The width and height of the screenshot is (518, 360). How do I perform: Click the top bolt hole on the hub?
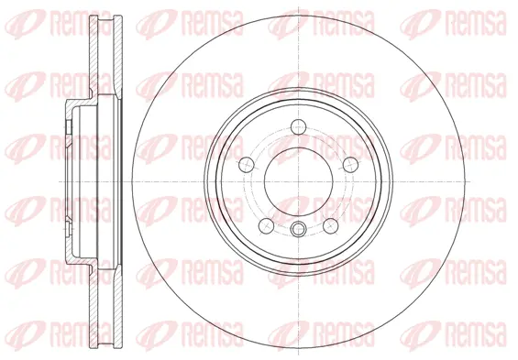(299, 126)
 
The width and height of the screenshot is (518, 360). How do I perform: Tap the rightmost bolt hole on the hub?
(349, 165)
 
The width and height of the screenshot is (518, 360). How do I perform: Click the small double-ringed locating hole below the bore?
(299, 229)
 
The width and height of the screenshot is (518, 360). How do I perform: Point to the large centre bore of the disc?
(299, 180)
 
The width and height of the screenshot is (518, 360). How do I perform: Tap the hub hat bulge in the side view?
(72, 180)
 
